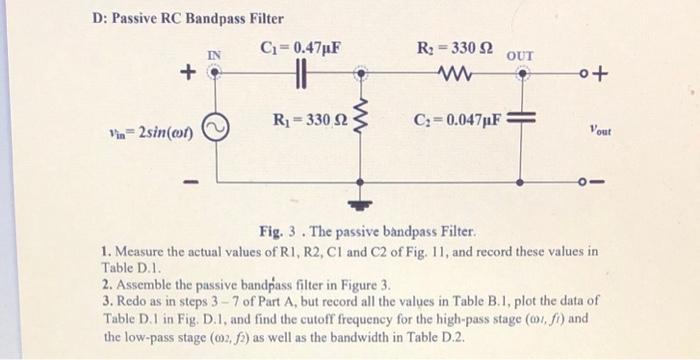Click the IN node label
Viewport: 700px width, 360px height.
click(x=213, y=54)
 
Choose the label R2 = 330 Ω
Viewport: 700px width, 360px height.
click(x=451, y=47)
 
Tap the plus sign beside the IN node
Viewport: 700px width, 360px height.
click(x=186, y=73)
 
